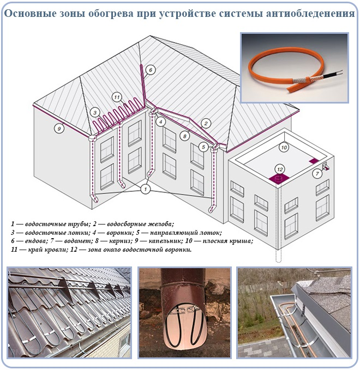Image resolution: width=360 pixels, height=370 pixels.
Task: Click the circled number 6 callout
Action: pyautogui.click(x=151, y=69)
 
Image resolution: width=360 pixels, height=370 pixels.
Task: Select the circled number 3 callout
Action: pyautogui.click(x=95, y=112)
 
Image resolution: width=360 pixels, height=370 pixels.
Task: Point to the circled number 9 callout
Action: pyautogui.click(x=58, y=129)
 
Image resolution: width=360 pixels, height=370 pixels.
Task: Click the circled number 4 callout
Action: pyautogui.click(x=160, y=122)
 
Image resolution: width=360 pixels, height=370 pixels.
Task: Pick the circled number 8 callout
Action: pyautogui.click(x=185, y=136)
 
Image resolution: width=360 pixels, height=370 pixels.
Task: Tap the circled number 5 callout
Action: pyautogui.click(x=203, y=147)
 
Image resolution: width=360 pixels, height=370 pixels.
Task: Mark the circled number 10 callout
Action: pyautogui.click(x=283, y=147)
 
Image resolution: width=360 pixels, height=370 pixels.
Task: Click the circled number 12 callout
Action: pyautogui.click(x=280, y=168)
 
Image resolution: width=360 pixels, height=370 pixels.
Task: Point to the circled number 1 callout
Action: pyautogui.click(x=145, y=189)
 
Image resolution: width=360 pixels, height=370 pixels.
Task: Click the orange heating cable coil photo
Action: pyautogui.click(x=295, y=68)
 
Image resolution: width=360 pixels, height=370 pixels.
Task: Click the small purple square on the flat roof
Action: pyautogui.click(x=314, y=161)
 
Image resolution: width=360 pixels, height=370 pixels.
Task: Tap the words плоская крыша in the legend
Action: pyautogui.click(x=229, y=240)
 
